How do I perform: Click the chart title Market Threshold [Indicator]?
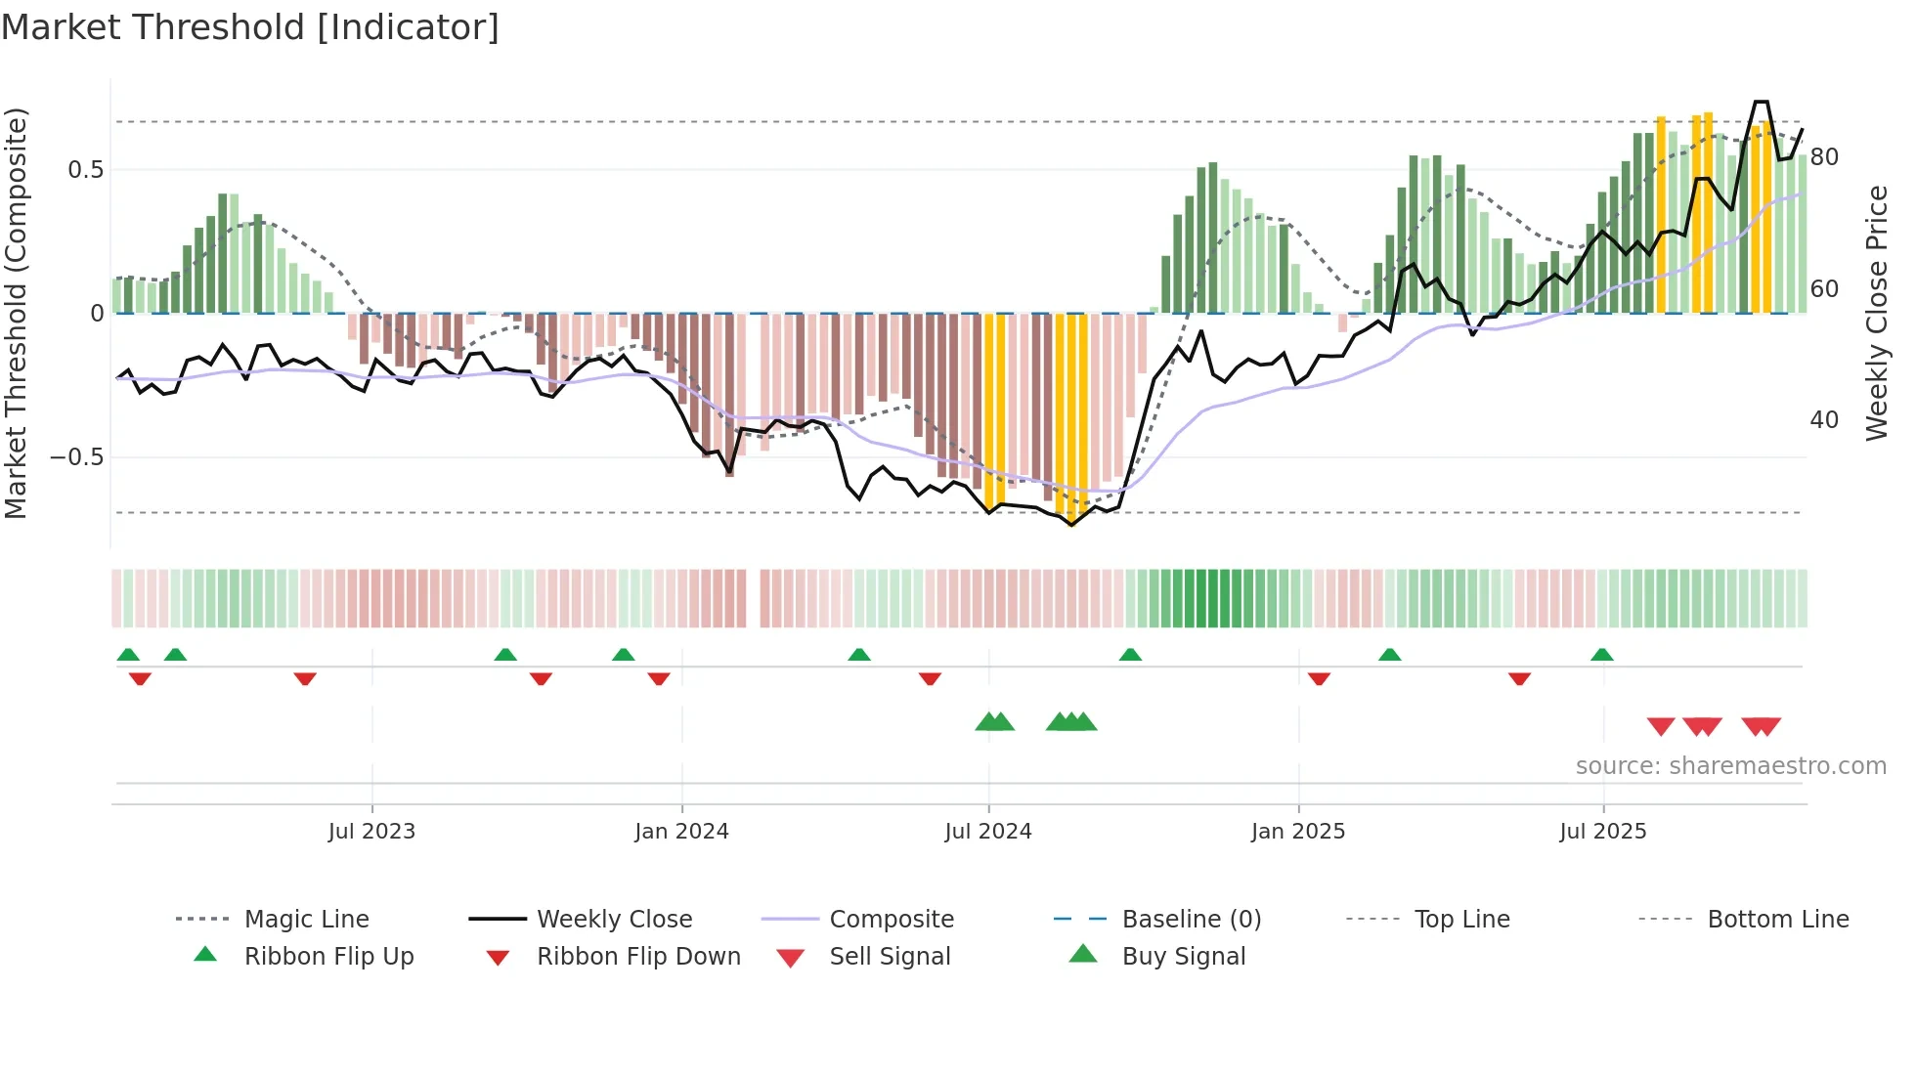pyautogui.click(x=250, y=27)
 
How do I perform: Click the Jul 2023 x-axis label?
pyautogui.click(x=371, y=832)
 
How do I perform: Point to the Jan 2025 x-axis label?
pyautogui.click(x=1298, y=832)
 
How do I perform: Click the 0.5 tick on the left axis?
pyautogui.click(x=85, y=170)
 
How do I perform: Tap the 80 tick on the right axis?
pyautogui.click(x=1824, y=157)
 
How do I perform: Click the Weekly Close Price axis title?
pyautogui.click(x=1876, y=313)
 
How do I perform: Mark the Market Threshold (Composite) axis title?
pyautogui.click(x=16, y=313)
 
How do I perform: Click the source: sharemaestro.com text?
pyautogui.click(x=1730, y=766)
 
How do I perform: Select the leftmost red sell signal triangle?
pyautogui.click(x=1661, y=726)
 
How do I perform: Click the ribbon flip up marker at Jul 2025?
pyautogui.click(x=1601, y=655)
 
